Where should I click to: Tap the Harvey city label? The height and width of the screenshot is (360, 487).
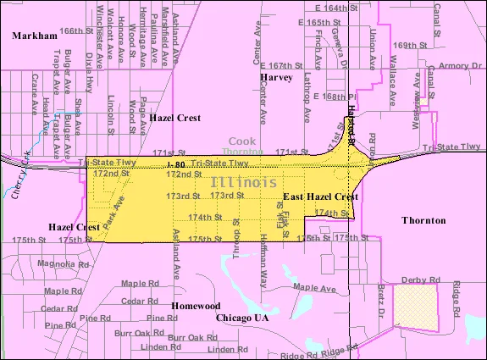[x=276, y=77]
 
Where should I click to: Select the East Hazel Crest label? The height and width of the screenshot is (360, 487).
[x=320, y=197]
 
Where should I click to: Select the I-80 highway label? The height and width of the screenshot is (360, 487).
[x=175, y=163]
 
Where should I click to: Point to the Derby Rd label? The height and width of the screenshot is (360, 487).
[x=424, y=280]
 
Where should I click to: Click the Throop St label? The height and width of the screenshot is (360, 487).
[x=236, y=246]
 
